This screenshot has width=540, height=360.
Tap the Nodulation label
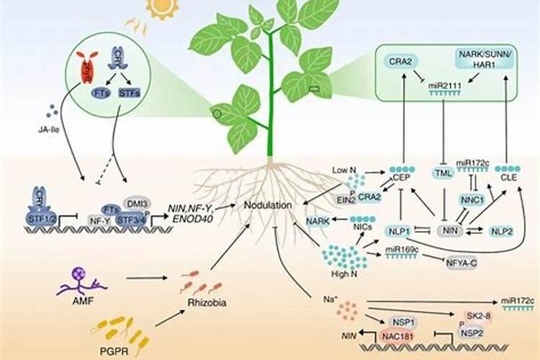(x=266, y=205)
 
